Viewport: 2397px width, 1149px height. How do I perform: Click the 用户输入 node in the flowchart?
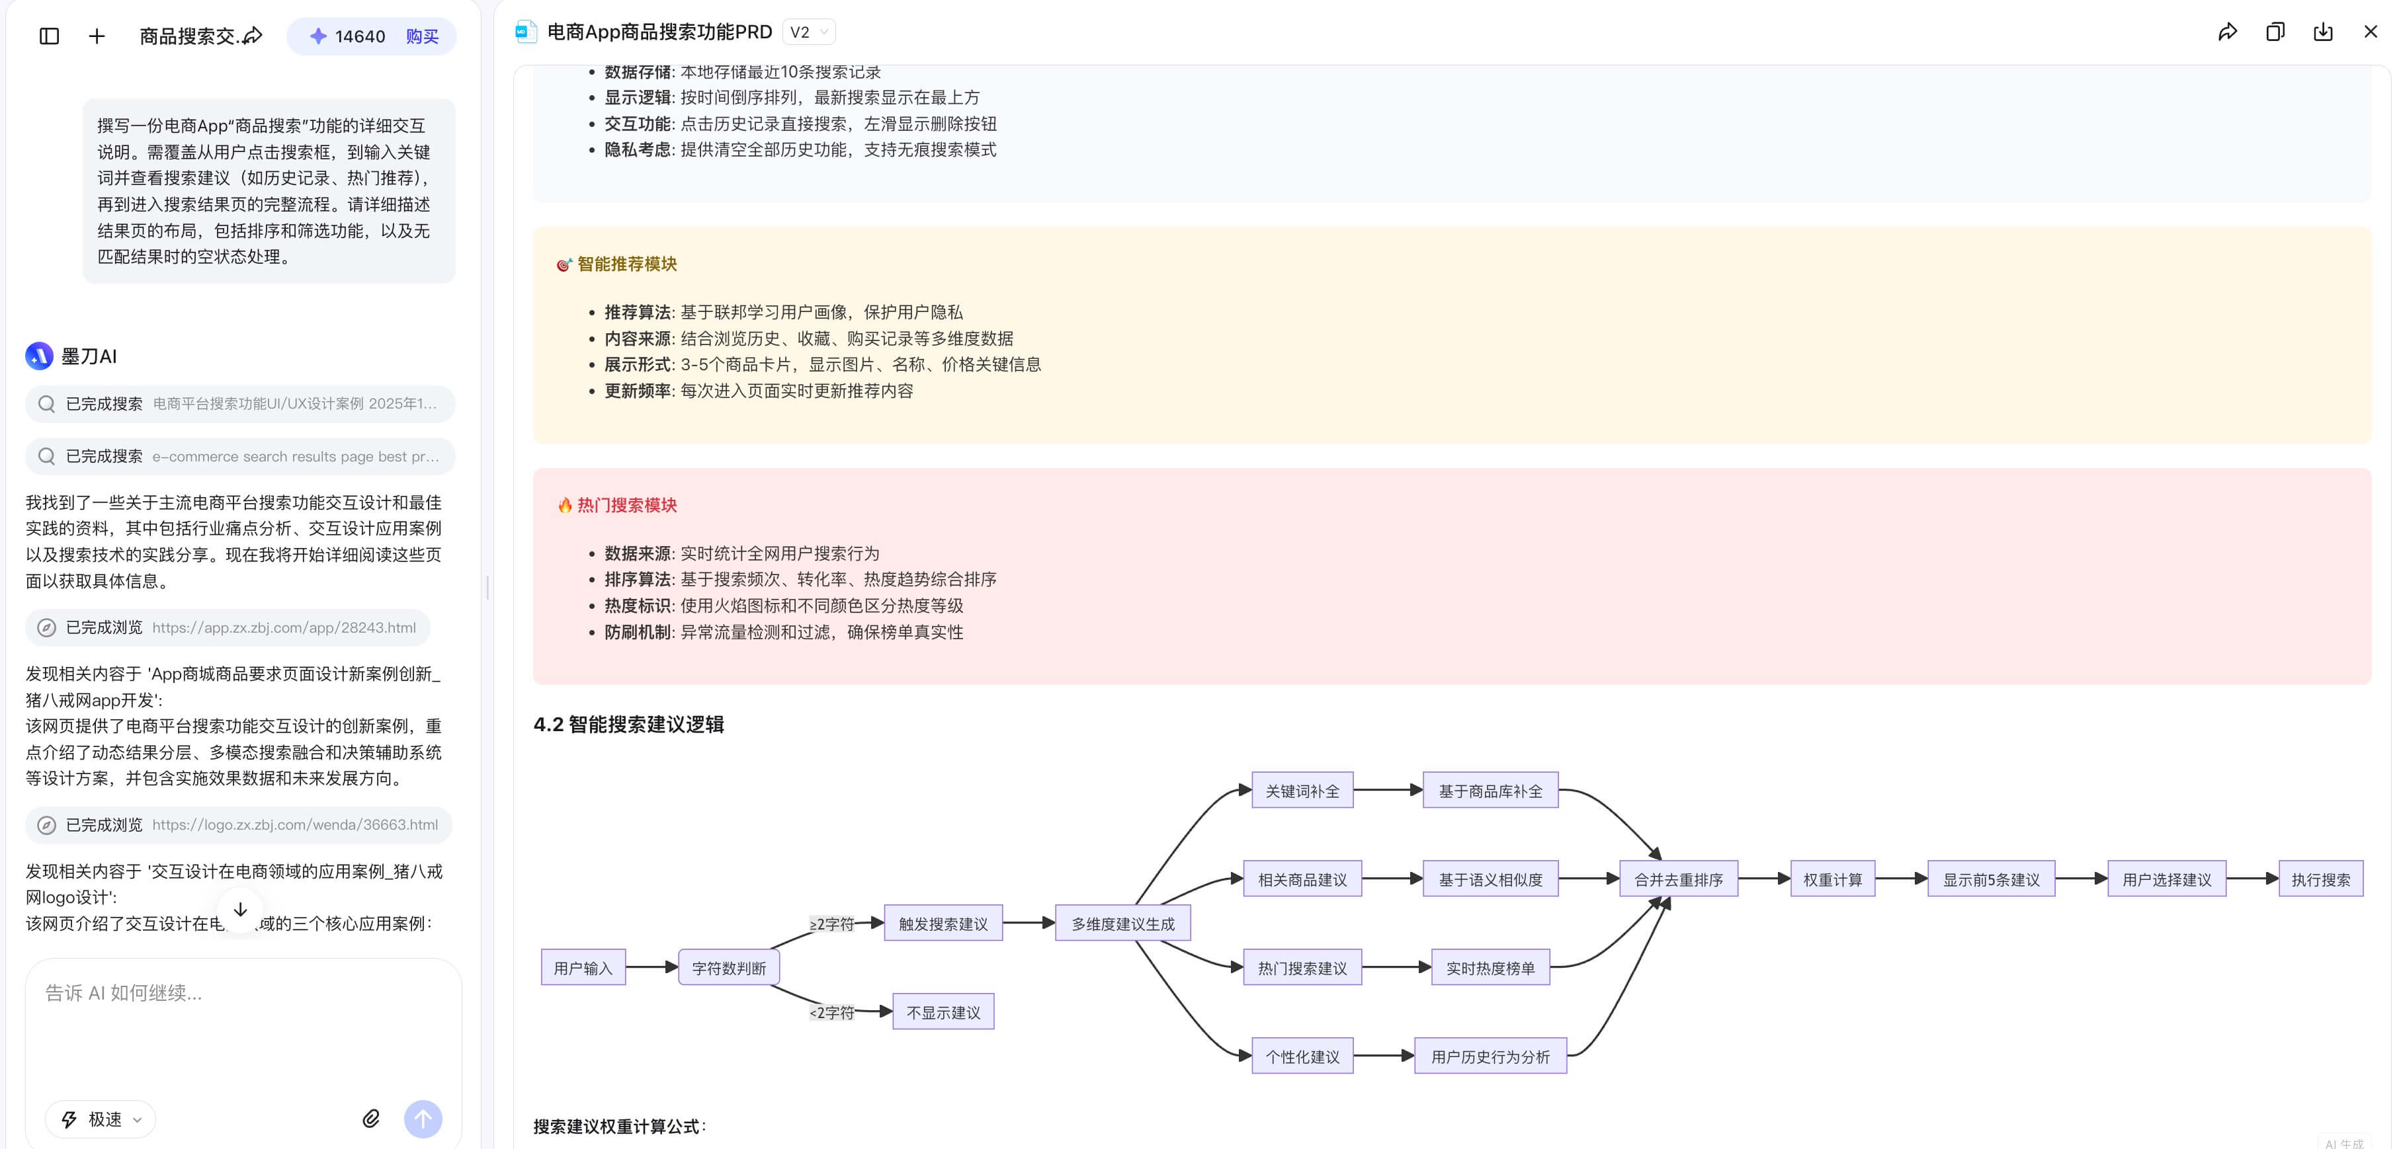[583, 968]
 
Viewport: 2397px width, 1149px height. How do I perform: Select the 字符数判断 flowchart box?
[729, 968]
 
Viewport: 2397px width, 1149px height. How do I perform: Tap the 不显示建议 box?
[943, 1012]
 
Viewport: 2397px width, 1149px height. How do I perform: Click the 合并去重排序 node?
[1678, 879]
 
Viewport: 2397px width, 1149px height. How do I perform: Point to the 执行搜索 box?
[2320, 879]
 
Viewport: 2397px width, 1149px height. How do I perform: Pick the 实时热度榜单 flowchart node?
[1490, 968]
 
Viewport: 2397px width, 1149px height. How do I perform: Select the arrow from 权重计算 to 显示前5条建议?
[1900, 878]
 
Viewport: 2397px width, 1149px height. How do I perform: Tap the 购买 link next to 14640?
[421, 36]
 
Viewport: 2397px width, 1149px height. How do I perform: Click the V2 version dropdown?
[808, 32]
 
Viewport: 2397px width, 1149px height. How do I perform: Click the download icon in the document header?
[2322, 32]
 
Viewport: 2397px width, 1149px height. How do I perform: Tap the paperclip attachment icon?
[371, 1119]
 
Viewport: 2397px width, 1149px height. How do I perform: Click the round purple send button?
[423, 1119]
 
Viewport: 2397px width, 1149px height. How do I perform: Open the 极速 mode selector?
[101, 1119]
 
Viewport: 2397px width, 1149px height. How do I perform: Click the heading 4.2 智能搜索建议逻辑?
[628, 724]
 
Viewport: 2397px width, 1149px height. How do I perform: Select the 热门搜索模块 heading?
[626, 505]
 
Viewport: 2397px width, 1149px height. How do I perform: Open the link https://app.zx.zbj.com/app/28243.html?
[284, 627]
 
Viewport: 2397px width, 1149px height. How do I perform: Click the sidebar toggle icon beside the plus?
[50, 36]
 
